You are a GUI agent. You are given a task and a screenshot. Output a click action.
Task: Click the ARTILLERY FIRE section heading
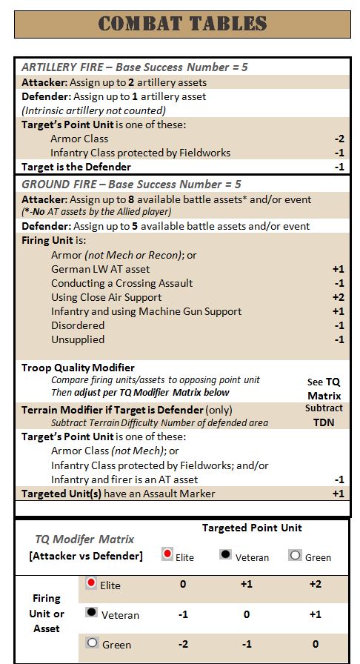(x=134, y=67)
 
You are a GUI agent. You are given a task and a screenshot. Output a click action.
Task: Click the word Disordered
(x=78, y=325)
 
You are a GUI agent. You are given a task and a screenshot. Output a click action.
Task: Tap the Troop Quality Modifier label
(x=78, y=368)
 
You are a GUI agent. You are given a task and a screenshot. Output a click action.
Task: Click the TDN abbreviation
(x=324, y=422)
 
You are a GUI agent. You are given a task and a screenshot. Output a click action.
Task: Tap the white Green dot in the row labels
(x=92, y=643)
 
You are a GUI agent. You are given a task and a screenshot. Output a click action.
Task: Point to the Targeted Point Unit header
(x=252, y=528)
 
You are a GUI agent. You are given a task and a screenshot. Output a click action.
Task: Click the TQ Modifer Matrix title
(x=84, y=539)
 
